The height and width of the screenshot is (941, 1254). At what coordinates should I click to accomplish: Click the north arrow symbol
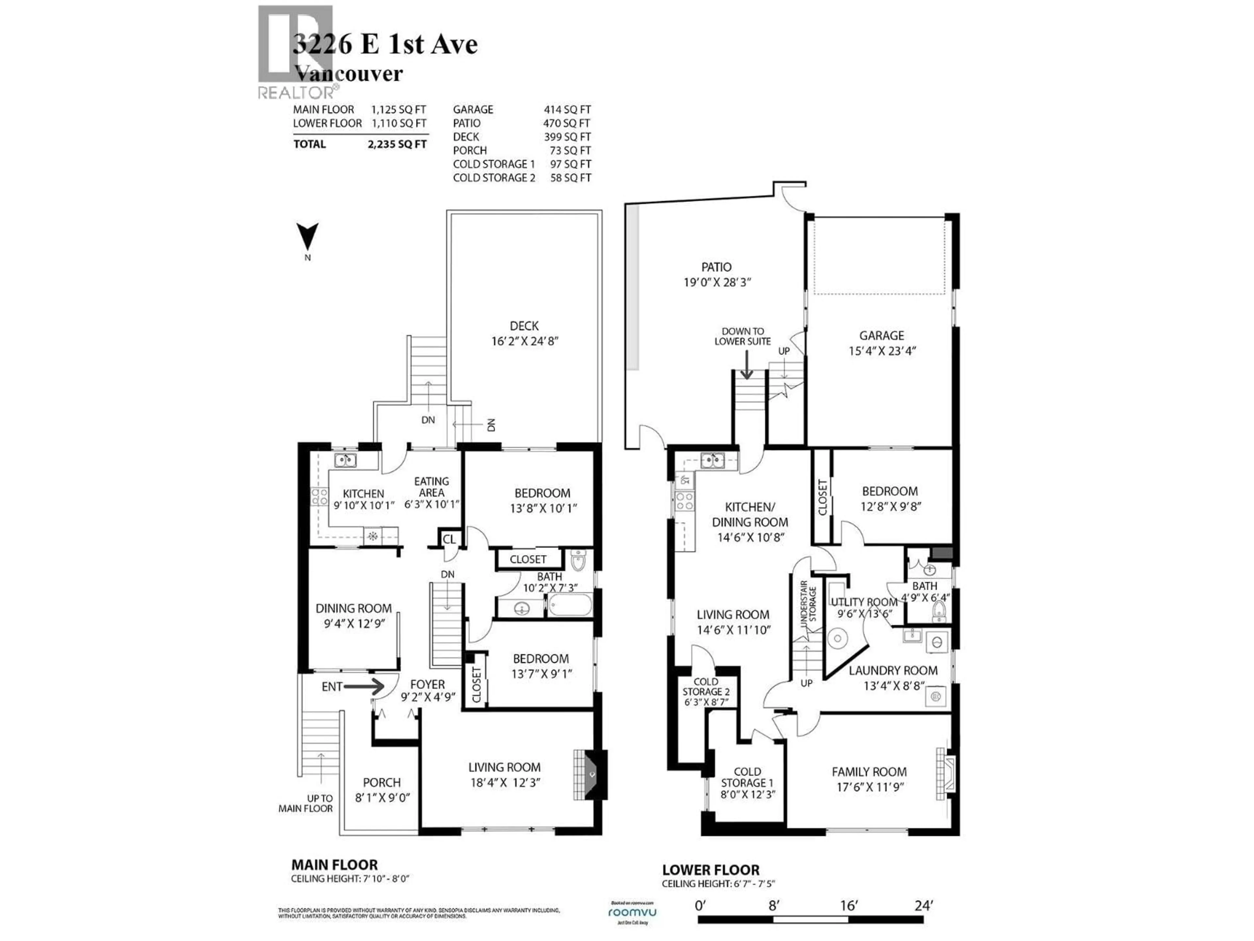pyautogui.click(x=308, y=237)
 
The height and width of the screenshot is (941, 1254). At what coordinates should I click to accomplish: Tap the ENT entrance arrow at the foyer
pyautogui.click(x=364, y=686)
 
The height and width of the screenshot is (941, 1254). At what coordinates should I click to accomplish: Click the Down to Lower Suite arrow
pyautogui.click(x=747, y=365)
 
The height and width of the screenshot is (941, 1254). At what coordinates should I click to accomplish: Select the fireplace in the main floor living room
pyautogui.click(x=589, y=775)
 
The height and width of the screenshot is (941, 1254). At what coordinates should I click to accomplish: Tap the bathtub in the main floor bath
pyautogui.click(x=570, y=605)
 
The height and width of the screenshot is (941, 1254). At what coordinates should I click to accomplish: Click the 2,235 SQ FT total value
pyautogui.click(x=397, y=144)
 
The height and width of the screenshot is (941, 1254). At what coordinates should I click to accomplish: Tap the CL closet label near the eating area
pyautogui.click(x=449, y=539)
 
